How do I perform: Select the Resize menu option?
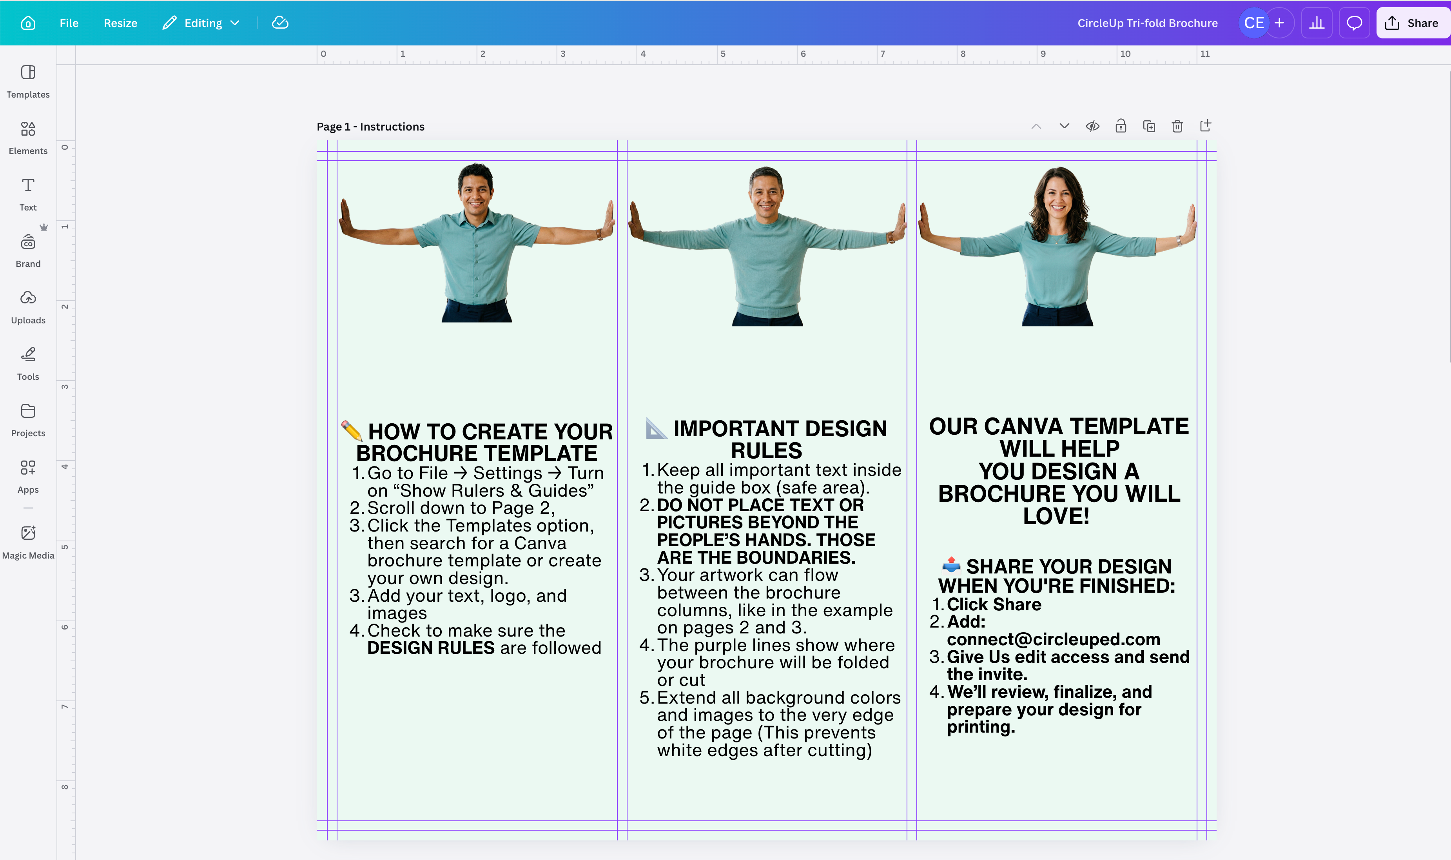coord(121,23)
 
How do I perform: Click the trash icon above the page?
coord(1177,126)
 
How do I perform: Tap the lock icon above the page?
coord(1121,126)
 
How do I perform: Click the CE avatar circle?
coord(1253,23)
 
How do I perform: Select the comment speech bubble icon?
coord(1354,23)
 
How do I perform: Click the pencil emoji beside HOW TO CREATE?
coord(352,430)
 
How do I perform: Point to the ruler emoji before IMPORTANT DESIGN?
coord(656,428)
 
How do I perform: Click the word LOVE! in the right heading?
coord(1056,516)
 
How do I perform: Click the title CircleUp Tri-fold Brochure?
coord(1147,23)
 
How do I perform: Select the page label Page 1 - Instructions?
coord(370,126)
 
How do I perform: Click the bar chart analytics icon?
coord(1317,23)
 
